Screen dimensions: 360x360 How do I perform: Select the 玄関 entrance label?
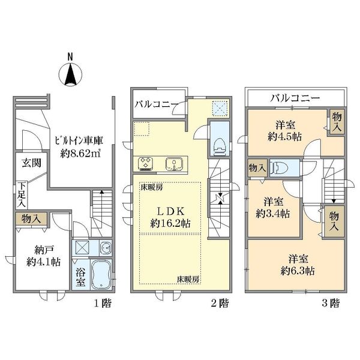click(x=32, y=163)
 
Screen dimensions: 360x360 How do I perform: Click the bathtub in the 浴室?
click(x=101, y=275)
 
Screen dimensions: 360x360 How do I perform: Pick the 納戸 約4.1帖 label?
click(x=43, y=256)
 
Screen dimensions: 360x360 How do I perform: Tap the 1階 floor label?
click(x=103, y=304)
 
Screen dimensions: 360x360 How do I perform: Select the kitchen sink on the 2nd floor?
click(x=174, y=164)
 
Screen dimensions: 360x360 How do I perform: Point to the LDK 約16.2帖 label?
click(x=170, y=217)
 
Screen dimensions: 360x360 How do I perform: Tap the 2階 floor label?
click(x=220, y=304)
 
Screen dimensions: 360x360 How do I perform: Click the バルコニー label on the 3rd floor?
click(x=295, y=98)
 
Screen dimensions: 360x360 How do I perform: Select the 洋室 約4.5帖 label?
click(x=284, y=131)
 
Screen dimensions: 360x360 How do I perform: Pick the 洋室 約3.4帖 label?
click(x=273, y=208)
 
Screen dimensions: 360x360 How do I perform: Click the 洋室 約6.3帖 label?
click(x=298, y=265)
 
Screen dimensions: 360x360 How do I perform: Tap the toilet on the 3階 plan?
click(x=278, y=167)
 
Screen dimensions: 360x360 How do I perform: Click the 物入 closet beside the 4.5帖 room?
click(x=337, y=123)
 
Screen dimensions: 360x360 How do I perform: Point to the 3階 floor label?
click(x=331, y=304)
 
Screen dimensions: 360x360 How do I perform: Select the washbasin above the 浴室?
click(x=106, y=248)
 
